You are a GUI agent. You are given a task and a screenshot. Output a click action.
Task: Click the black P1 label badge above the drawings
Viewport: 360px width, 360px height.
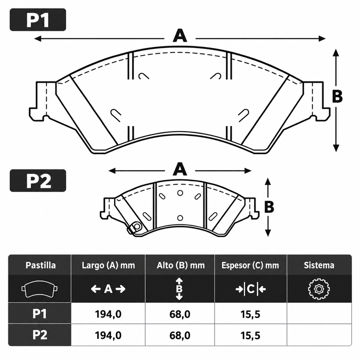click(38, 20)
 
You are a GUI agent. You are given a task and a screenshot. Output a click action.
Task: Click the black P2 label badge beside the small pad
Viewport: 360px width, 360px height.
click(38, 181)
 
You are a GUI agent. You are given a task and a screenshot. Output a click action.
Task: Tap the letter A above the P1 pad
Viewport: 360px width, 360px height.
click(180, 36)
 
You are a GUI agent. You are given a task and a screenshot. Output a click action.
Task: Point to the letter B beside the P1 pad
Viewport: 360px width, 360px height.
click(337, 96)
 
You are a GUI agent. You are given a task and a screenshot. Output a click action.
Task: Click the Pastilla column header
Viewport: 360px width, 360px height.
click(41, 265)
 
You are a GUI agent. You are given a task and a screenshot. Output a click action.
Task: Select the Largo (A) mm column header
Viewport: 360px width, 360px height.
click(108, 265)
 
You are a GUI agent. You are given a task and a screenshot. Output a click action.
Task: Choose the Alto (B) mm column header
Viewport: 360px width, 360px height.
click(181, 265)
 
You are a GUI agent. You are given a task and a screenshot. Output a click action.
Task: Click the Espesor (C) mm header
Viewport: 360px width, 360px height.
click(250, 265)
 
